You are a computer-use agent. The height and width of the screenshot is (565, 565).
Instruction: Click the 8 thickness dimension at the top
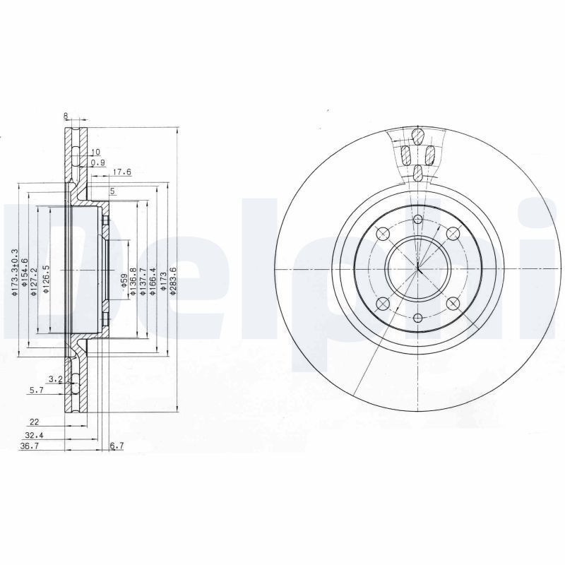point(65,116)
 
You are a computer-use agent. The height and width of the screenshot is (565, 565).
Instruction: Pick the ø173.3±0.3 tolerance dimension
point(15,272)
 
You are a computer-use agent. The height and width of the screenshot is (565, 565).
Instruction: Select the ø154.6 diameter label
point(25,272)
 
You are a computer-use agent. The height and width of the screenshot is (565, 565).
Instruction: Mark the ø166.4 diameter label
point(153,280)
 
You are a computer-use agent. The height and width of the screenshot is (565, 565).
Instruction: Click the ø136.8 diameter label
point(133,281)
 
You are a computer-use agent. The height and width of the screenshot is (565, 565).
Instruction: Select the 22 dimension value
point(34,422)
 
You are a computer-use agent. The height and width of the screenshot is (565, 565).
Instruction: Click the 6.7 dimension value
point(117,446)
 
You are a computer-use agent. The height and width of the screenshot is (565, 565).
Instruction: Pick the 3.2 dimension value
point(55,379)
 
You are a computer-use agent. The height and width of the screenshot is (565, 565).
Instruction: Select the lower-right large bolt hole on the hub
point(453,304)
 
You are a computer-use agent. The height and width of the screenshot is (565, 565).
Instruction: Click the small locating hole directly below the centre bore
point(418,319)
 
